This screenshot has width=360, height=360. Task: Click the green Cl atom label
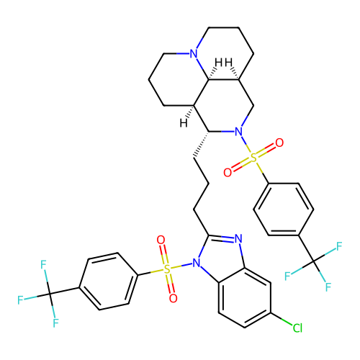coord(297,328)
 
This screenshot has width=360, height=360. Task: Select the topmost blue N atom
coord(194,53)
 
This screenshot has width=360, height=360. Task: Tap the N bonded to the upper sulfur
coord(238,132)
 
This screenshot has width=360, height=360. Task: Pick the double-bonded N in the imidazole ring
coord(238,238)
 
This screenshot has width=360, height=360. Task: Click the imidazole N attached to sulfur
coord(197,263)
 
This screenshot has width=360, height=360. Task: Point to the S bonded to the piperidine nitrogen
coord(253,158)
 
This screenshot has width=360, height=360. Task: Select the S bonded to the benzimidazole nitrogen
coord(167,269)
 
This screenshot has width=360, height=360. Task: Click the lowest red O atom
coord(173,298)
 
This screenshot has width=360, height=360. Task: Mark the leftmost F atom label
coord(20,300)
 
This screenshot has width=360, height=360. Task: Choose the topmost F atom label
coord(339,246)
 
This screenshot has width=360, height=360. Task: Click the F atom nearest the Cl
coord(328,287)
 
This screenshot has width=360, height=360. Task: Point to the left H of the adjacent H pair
coord(218,63)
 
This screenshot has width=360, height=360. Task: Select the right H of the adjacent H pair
coord(228,63)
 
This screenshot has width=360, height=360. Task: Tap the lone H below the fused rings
coord(184,123)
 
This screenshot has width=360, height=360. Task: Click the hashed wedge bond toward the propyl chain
coord(201,145)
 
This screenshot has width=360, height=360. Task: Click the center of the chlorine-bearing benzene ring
coord(245,298)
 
